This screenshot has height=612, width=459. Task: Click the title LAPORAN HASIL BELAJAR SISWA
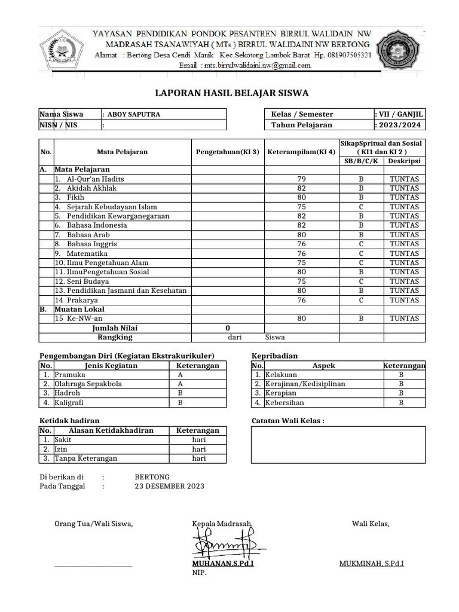pyautogui.click(x=232, y=93)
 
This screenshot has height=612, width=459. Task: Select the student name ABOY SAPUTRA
pyautogui.click(x=133, y=114)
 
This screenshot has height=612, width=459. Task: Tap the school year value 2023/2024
pyautogui.click(x=399, y=125)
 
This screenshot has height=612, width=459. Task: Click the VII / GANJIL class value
pyautogui.click(x=399, y=114)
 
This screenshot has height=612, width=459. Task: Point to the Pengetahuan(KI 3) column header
pyautogui.click(x=227, y=152)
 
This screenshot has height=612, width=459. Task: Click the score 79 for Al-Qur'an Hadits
pyautogui.click(x=301, y=179)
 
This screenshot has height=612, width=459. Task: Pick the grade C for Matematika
pyautogui.click(x=361, y=253)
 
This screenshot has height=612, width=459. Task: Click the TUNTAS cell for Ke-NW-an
pyautogui.click(x=404, y=319)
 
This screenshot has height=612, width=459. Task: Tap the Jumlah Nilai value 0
pyautogui.click(x=228, y=328)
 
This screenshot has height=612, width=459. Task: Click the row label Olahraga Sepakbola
pyautogui.click(x=88, y=384)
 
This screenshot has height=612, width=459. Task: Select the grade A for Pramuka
pyautogui.click(x=180, y=375)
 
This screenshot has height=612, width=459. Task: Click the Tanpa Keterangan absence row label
pyautogui.click(x=85, y=458)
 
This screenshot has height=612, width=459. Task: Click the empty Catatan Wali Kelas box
pyautogui.click(x=338, y=445)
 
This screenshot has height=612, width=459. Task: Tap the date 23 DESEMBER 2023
pyautogui.click(x=170, y=486)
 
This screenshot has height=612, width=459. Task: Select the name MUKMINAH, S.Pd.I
pyautogui.click(x=371, y=564)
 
